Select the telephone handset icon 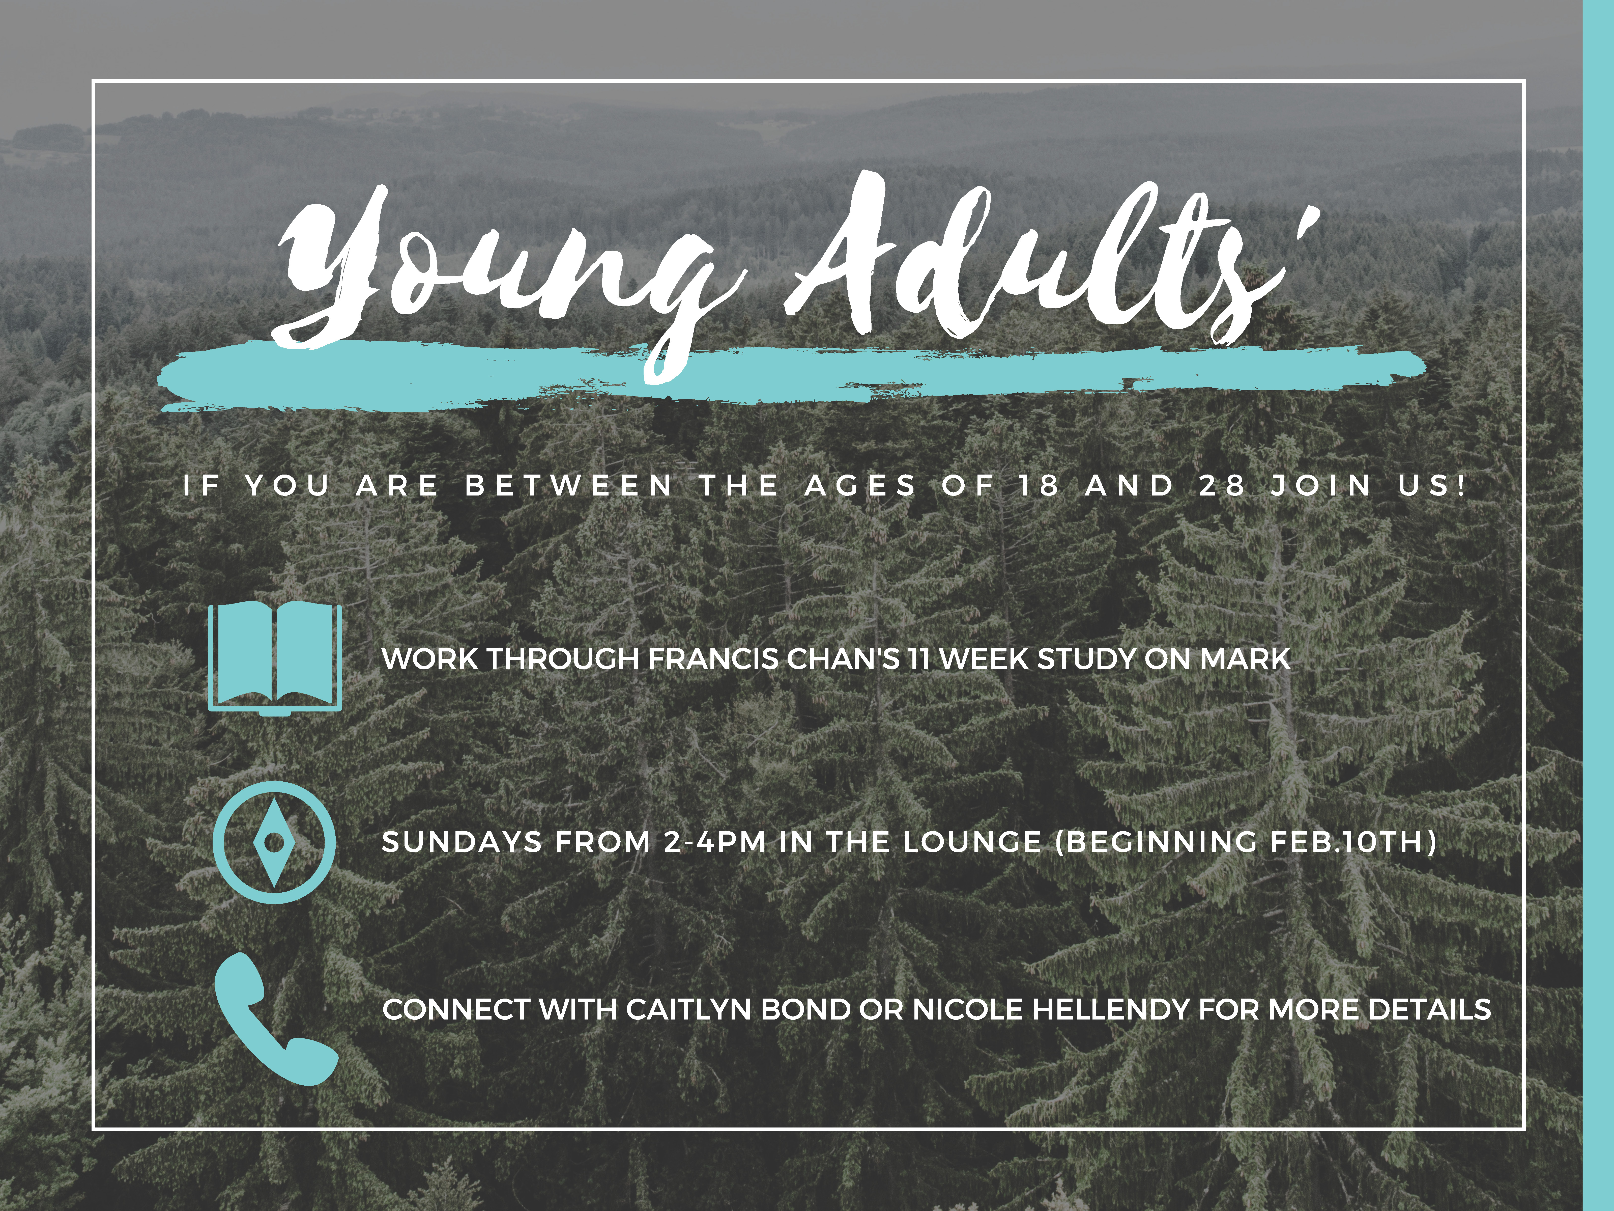276,1020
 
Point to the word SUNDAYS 462,842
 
